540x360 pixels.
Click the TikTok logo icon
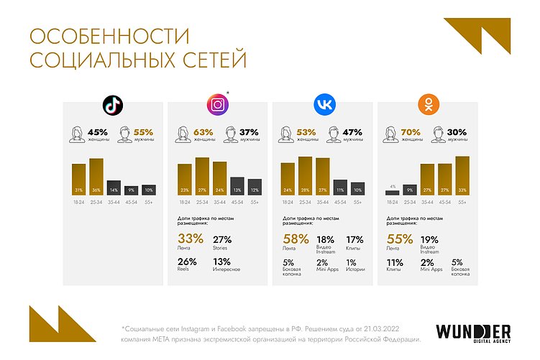tap(112, 106)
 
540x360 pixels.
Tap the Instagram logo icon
tap(218, 106)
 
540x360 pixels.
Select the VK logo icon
tap(323, 106)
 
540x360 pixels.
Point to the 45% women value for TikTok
tap(98, 131)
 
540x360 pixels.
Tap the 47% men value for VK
tap(353, 131)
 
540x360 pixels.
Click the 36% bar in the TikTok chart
tap(96, 177)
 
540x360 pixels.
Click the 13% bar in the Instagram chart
tap(237, 186)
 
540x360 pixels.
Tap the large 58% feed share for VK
tap(295, 239)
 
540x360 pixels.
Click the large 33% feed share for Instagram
tap(190, 239)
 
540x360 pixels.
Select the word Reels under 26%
tap(184, 270)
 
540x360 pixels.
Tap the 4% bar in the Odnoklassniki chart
tap(392, 192)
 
